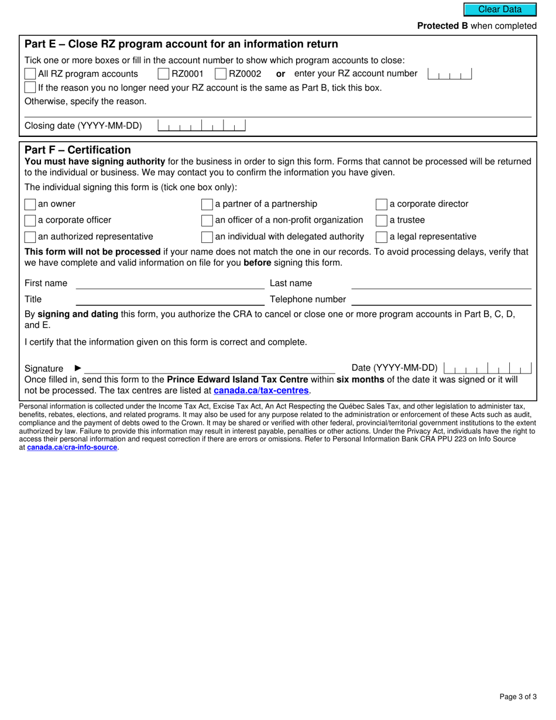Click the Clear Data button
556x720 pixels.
tap(500, 9)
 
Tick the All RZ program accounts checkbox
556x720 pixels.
tap(30, 74)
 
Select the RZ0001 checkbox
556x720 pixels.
tap(163, 74)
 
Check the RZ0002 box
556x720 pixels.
tap(221, 74)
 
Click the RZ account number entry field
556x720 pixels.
tap(449, 74)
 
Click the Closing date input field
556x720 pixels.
tap(202, 126)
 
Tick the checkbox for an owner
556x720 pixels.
tap(30, 204)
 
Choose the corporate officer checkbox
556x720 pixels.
tap(30, 221)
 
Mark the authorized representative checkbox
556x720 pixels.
tap(30, 237)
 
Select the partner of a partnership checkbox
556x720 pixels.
tap(207, 204)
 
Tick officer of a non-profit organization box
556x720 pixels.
tap(207, 221)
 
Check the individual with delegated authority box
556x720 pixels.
tap(207, 237)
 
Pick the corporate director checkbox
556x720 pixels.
tap(381, 204)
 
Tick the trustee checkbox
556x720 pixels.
tap(381, 221)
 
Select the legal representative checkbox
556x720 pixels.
tap(381, 237)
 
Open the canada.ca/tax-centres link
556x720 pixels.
tap(261, 390)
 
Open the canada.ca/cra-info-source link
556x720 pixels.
tap(72, 447)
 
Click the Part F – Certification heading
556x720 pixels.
tap(78, 150)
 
